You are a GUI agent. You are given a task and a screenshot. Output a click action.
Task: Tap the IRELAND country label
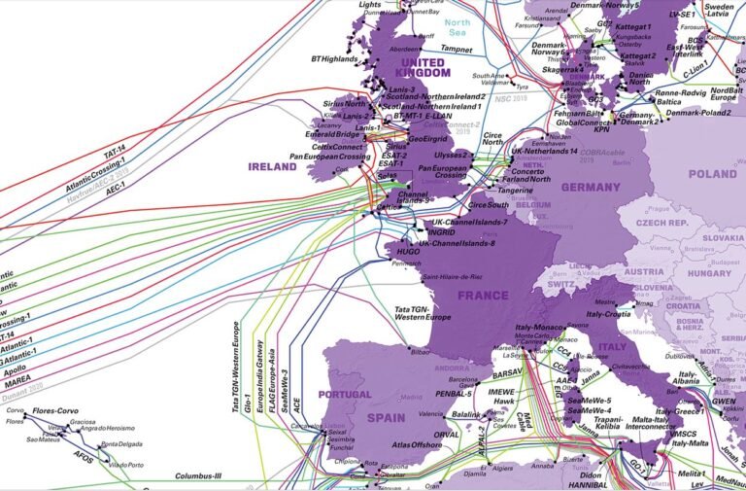point(272,167)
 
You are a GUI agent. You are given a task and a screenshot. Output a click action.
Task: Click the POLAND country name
point(713,174)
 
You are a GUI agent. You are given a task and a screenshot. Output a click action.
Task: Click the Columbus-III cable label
point(199,476)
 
